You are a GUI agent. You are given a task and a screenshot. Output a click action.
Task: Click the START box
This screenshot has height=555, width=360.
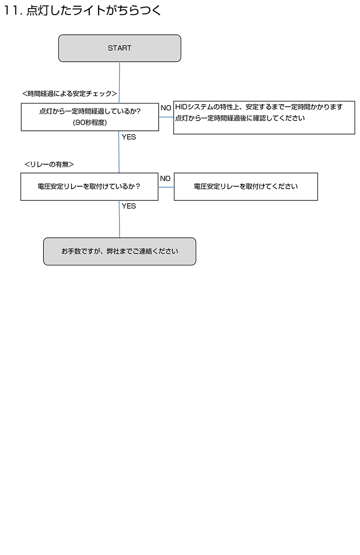[120, 48]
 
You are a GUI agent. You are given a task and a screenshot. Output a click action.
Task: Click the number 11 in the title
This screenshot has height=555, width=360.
[11, 11]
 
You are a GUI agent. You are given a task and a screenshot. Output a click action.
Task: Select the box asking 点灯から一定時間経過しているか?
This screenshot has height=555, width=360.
[90, 117]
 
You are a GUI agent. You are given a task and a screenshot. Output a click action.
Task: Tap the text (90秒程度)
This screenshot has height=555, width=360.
[90, 122]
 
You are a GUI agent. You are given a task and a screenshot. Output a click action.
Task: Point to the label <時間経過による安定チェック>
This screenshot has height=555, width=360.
[70, 94]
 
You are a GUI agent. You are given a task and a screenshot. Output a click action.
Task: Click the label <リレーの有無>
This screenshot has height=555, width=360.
[49, 164]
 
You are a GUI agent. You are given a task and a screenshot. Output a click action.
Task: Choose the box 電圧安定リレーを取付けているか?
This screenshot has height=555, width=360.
[89, 187]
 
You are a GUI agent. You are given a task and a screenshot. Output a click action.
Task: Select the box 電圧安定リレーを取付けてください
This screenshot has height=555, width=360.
[246, 187]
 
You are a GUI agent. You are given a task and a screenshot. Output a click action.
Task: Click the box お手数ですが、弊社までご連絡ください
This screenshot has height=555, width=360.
[120, 251]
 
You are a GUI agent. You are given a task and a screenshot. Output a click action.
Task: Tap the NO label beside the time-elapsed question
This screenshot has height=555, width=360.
[166, 108]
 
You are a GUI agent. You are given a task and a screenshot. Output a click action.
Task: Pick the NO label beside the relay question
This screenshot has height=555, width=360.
[165, 179]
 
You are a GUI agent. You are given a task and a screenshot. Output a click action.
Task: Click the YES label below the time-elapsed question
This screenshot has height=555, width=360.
[129, 137]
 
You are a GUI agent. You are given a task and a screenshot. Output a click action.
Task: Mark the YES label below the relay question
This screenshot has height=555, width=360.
[129, 206]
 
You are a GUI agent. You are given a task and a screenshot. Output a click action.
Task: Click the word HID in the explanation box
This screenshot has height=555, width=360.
[181, 107]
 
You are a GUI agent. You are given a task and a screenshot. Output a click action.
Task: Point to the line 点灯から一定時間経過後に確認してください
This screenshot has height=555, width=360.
[240, 118]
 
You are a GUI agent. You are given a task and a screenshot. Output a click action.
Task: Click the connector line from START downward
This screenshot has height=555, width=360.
[120, 83]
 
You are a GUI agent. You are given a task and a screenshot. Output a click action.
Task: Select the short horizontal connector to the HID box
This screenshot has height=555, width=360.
[166, 117]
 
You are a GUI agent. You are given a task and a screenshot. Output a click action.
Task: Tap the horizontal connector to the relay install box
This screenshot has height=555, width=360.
[166, 187]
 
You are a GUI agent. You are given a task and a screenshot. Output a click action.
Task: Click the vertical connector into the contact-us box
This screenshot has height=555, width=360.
[120, 219]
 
